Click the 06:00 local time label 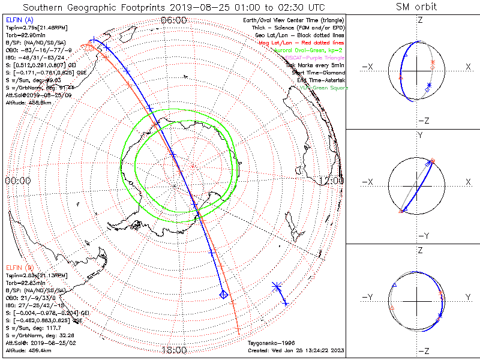[174, 20]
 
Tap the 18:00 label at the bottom [174, 350]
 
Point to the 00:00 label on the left [18, 180]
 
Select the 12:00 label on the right [331, 180]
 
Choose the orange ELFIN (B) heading [19, 267]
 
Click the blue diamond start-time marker [223, 294]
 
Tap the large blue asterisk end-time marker [277, 286]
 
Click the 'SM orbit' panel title [416, 7]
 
